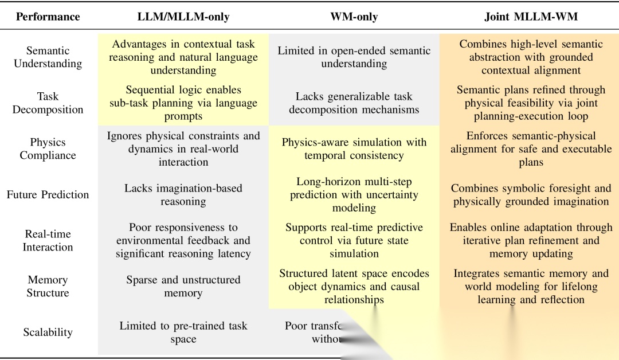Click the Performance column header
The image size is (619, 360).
pos(48,17)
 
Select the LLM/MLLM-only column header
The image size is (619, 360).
pos(183,17)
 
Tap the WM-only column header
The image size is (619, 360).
pos(354,17)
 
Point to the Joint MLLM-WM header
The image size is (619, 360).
pos(531,17)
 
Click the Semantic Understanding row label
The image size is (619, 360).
pos(48,57)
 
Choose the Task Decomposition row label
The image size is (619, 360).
pos(48,103)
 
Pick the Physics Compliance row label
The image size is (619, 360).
pos(48,148)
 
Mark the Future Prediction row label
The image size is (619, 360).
pos(48,194)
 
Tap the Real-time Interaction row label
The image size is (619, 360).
pos(48,240)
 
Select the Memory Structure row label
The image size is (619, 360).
pos(48,286)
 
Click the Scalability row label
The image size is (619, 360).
pos(48,332)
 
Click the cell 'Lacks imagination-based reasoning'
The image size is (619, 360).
pos(183,194)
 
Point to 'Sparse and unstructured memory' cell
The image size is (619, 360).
pos(183,286)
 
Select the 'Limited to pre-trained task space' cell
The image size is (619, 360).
pos(183,332)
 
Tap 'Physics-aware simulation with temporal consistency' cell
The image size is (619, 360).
pos(354,148)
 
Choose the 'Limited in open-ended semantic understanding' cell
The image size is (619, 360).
pos(354,57)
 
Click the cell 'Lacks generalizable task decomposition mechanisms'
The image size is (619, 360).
pos(354,103)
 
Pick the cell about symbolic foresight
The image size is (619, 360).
pos(531,194)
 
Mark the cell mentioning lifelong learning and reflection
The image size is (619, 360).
pos(531,286)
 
